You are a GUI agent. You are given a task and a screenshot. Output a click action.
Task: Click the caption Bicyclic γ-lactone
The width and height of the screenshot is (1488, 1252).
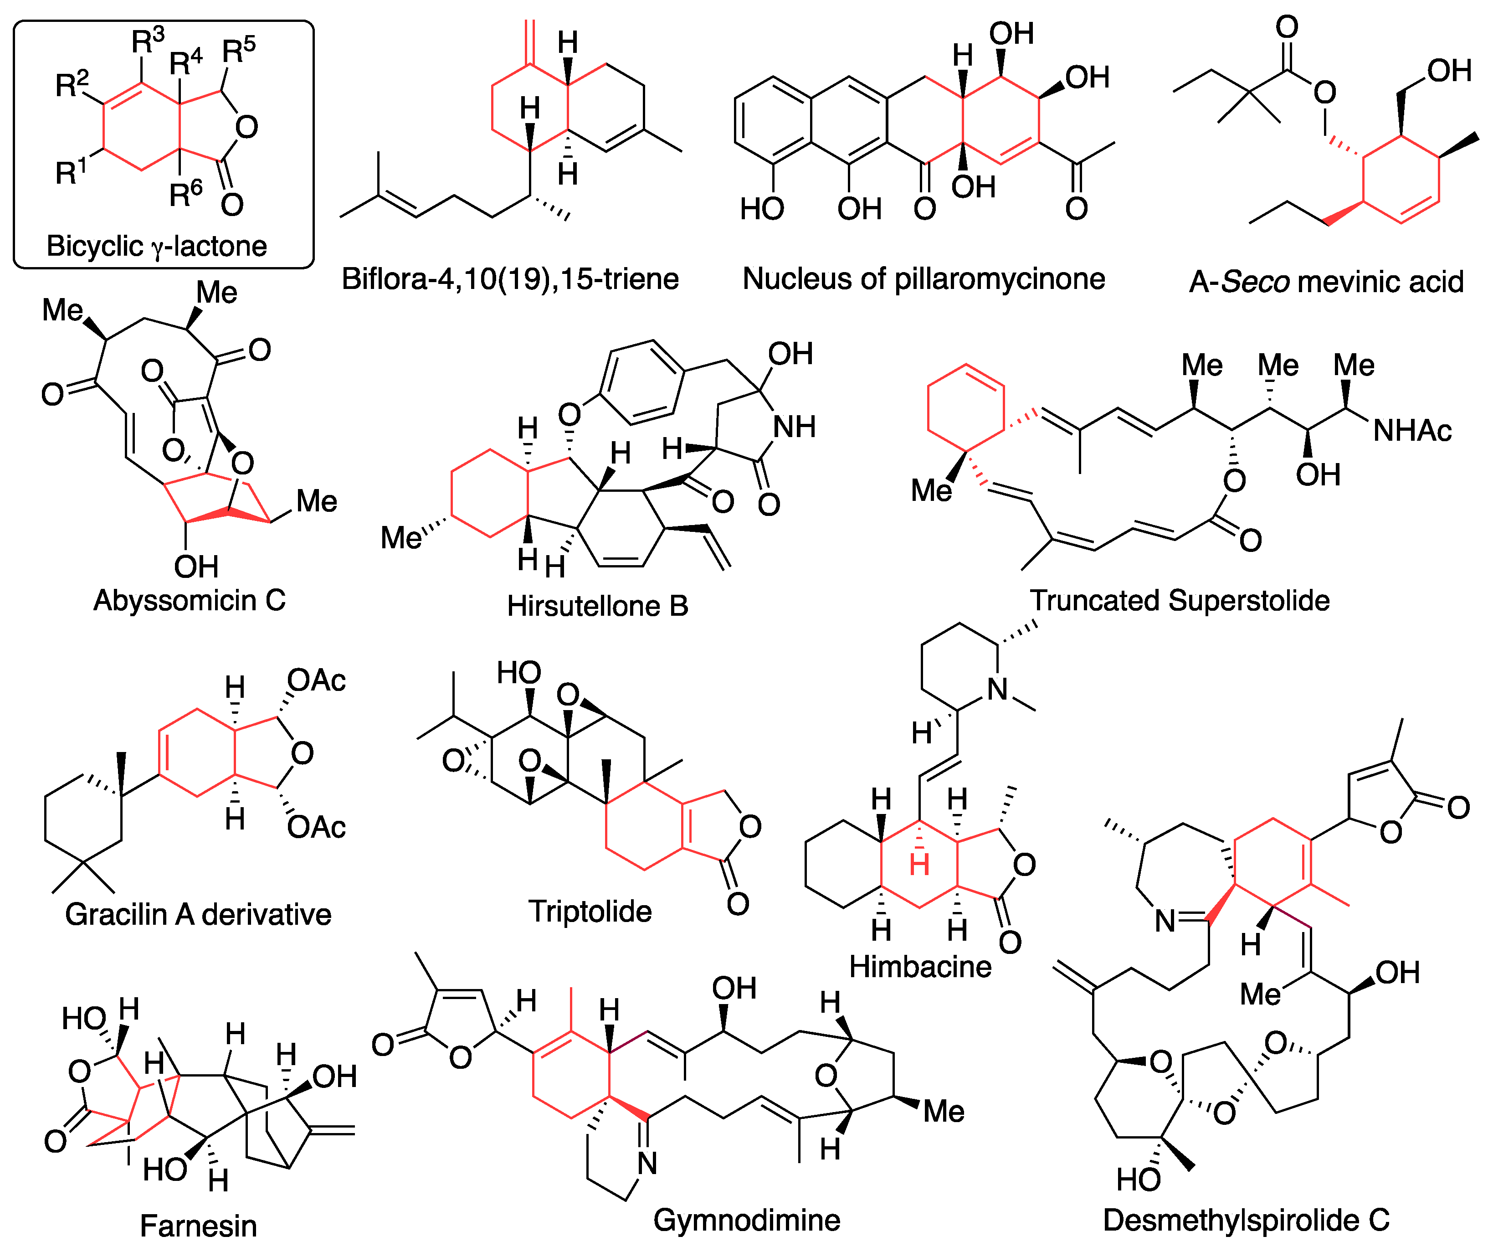pyautogui.click(x=157, y=246)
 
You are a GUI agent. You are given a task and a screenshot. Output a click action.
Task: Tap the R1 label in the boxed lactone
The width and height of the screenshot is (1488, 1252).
pyautogui.click(x=71, y=172)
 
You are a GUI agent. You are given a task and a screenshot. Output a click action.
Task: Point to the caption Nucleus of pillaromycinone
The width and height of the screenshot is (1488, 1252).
pyautogui.click(x=923, y=279)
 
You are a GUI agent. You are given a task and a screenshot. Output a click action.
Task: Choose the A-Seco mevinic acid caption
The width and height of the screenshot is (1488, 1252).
pyautogui.click(x=1325, y=282)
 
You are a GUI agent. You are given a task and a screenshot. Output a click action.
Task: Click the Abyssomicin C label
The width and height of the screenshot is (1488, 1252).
pyautogui.click(x=190, y=600)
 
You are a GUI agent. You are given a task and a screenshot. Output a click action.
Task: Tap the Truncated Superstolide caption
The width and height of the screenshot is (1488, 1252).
pyautogui.click(x=1180, y=600)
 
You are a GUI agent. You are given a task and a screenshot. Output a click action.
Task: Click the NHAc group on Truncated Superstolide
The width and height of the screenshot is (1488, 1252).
pyautogui.click(x=1411, y=431)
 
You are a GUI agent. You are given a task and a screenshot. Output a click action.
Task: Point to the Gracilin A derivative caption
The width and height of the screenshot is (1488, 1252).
pyautogui.click(x=198, y=914)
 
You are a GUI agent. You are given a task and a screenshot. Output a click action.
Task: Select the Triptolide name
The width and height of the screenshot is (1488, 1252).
pyautogui.click(x=590, y=912)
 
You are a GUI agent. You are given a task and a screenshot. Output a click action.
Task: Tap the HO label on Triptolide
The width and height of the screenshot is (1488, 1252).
pyautogui.click(x=519, y=672)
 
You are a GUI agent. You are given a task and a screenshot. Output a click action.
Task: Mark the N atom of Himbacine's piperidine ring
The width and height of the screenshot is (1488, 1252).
pyautogui.click(x=998, y=689)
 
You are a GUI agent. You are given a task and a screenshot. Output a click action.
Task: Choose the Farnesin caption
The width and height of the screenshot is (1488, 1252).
pyautogui.click(x=198, y=1226)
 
